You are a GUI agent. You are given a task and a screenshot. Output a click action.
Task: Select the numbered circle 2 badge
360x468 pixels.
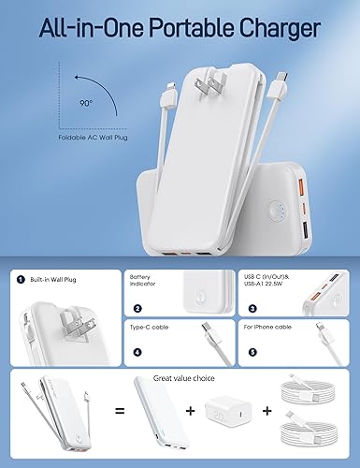[x=137, y=307]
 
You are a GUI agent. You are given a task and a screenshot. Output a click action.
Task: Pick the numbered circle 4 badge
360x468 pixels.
[x=137, y=353]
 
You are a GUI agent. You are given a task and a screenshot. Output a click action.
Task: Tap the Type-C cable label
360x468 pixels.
[x=149, y=328]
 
